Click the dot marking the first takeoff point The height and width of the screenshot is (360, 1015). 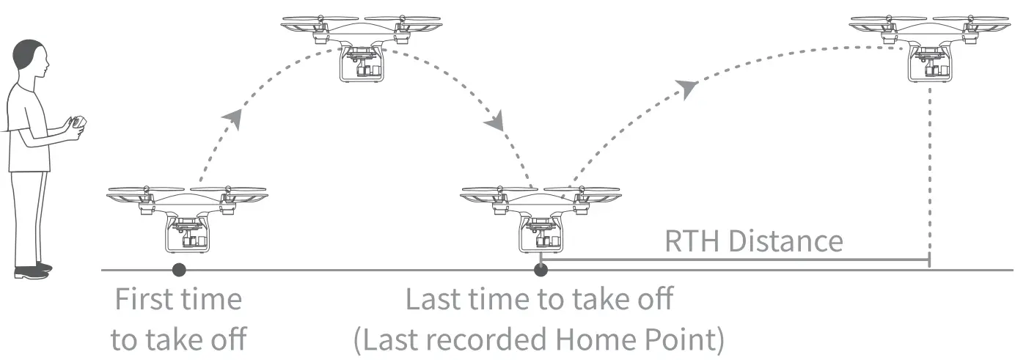[179, 270]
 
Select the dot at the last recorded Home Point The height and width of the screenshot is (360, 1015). [541, 270]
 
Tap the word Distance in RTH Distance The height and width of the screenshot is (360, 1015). [786, 241]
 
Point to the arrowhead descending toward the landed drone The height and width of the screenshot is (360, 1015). [495, 121]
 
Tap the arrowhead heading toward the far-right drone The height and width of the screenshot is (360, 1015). [686, 89]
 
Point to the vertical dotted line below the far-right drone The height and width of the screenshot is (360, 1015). [931, 169]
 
